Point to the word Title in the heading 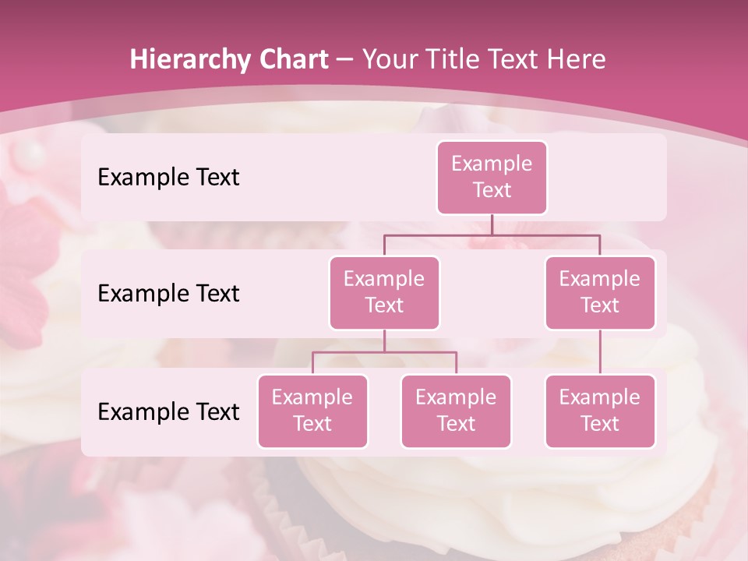point(457,59)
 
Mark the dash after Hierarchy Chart point(345,60)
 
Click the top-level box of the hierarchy point(492,177)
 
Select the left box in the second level point(384,292)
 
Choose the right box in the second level point(600,292)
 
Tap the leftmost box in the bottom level point(312,411)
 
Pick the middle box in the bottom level point(456,411)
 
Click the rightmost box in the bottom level point(600,411)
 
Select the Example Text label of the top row point(168,178)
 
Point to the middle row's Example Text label point(168,294)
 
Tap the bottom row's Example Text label point(168,412)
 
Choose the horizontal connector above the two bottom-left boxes point(351,352)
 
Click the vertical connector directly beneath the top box point(492,224)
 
